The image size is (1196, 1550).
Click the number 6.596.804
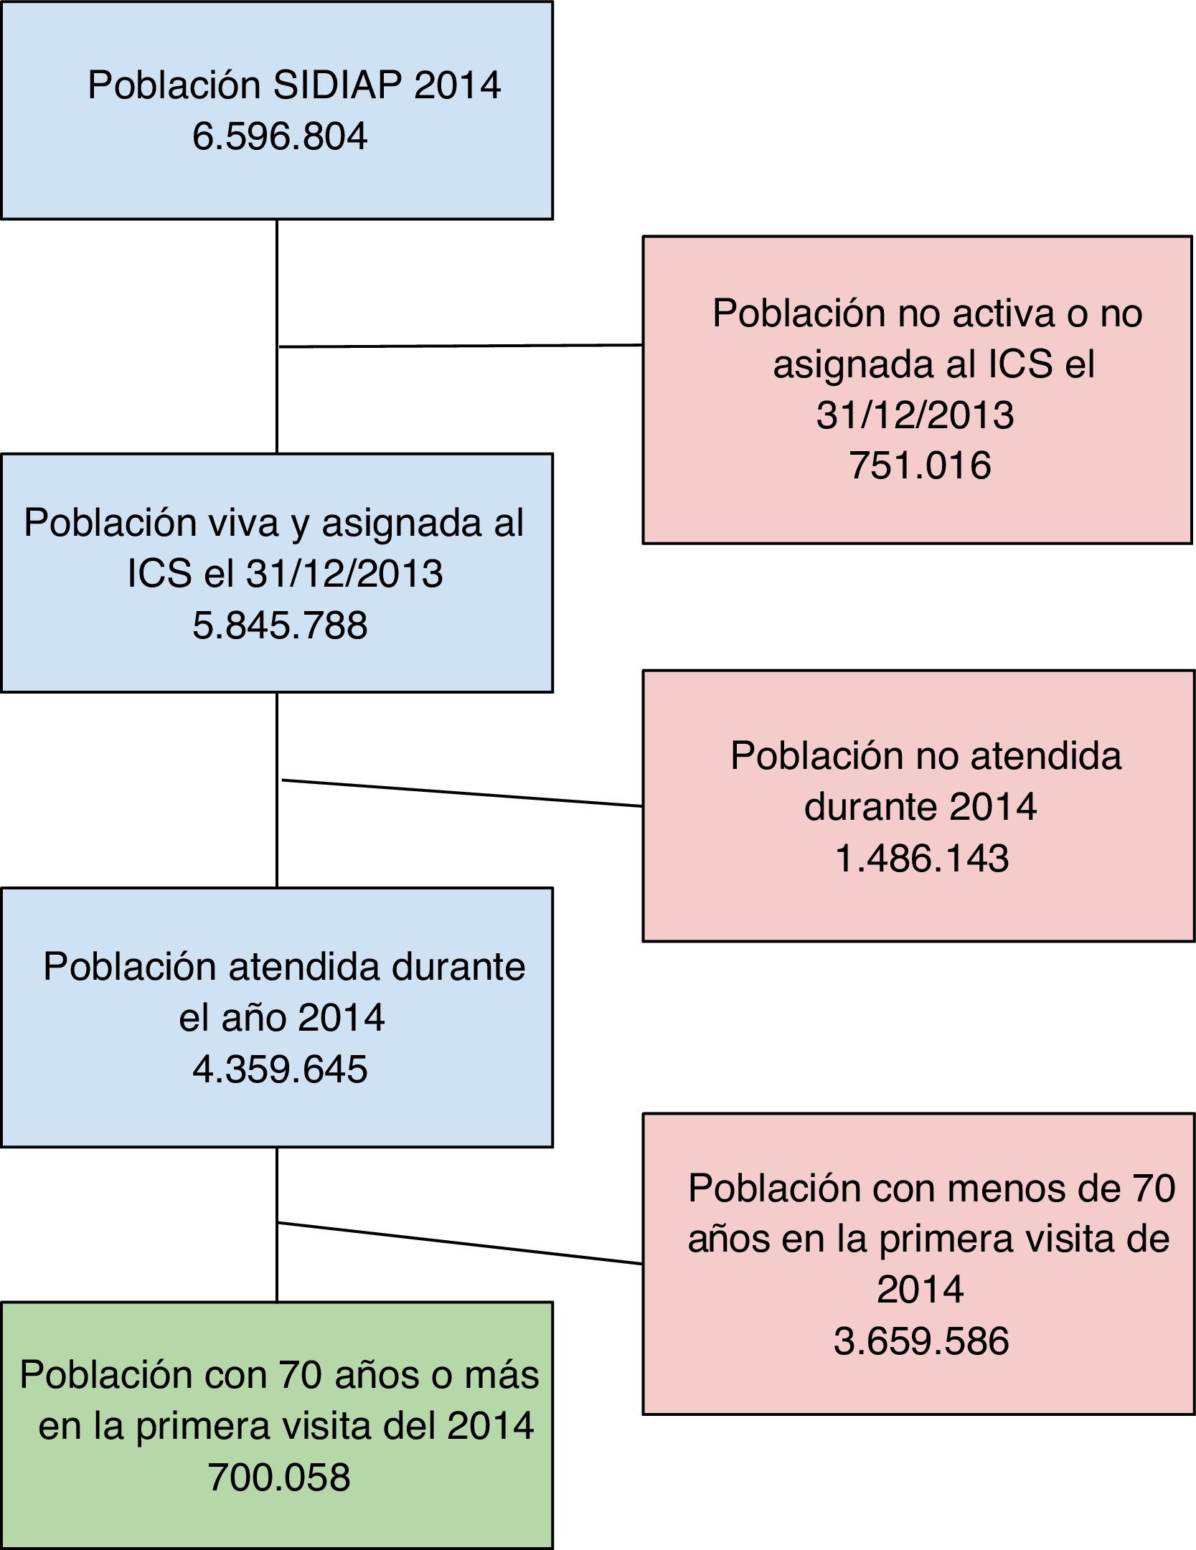click(280, 136)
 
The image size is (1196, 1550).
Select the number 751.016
click(920, 466)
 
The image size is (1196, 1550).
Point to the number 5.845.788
click(280, 625)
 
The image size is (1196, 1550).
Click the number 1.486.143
click(922, 859)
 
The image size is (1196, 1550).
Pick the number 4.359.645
click(280, 1069)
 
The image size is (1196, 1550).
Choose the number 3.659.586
click(921, 1341)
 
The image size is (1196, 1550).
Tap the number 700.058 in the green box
click(279, 1478)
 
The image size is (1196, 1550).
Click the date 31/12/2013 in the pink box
click(915, 415)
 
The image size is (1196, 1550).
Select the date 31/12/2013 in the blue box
click(344, 574)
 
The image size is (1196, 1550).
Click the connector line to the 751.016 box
click(459, 346)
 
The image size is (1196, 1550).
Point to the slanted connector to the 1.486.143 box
click(459, 793)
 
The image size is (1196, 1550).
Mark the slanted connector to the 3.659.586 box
click(459, 1243)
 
